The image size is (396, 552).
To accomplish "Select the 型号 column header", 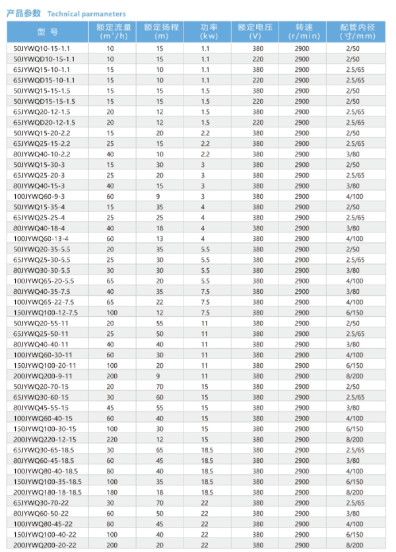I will coord(47,31).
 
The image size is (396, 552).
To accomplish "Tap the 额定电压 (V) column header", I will coord(256,31).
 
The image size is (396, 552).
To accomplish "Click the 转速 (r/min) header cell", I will coord(302,31).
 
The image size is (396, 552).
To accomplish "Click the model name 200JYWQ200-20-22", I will coord(46,545).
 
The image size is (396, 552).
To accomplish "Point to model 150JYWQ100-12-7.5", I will coord(46,312).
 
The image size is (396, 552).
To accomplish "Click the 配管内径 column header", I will coord(357,31).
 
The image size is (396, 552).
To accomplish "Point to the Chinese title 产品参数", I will coord(23,13).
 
